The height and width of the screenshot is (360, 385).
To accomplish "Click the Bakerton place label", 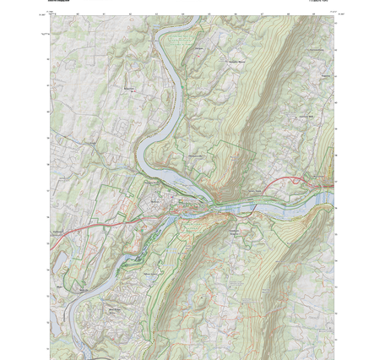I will click(x=130, y=88).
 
